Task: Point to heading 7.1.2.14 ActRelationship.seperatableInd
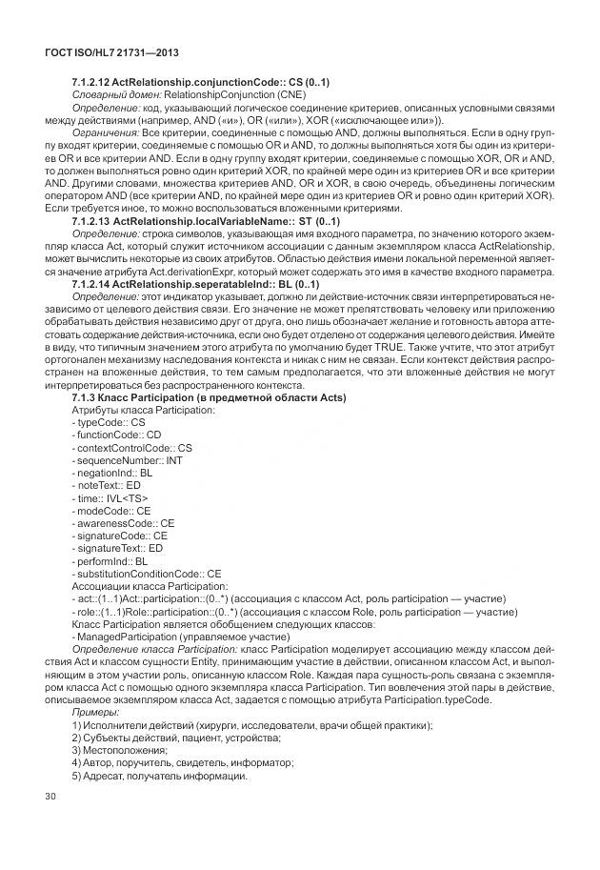point(195,284)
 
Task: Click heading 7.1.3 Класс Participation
point(209,396)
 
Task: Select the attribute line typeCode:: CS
point(108,421)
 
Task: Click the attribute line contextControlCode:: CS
point(131,447)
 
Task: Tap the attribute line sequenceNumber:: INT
point(122,459)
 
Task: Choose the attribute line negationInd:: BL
point(111,473)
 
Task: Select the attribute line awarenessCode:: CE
point(123,523)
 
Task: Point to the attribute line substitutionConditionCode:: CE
point(146,574)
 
